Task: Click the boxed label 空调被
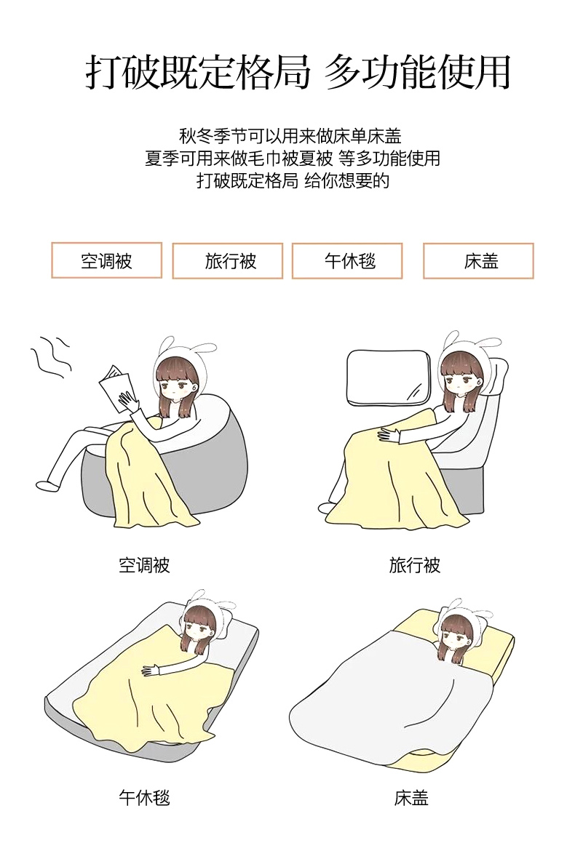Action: tap(106, 260)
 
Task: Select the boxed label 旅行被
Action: tap(228, 260)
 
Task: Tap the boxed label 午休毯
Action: tap(347, 260)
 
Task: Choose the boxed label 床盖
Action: tap(478, 260)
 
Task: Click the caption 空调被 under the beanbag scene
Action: tap(144, 565)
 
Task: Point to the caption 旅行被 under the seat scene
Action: tap(414, 565)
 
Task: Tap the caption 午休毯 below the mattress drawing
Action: tap(144, 797)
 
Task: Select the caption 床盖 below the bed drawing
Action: tap(411, 797)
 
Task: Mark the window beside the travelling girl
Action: tap(388, 377)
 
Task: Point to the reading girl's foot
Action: tap(47, 485)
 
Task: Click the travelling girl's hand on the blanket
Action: tap(389, 435)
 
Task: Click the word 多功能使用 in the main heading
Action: tap(417, 73)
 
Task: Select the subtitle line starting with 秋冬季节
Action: tap(290, 136)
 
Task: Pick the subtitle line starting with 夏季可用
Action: tap(292, 159)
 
